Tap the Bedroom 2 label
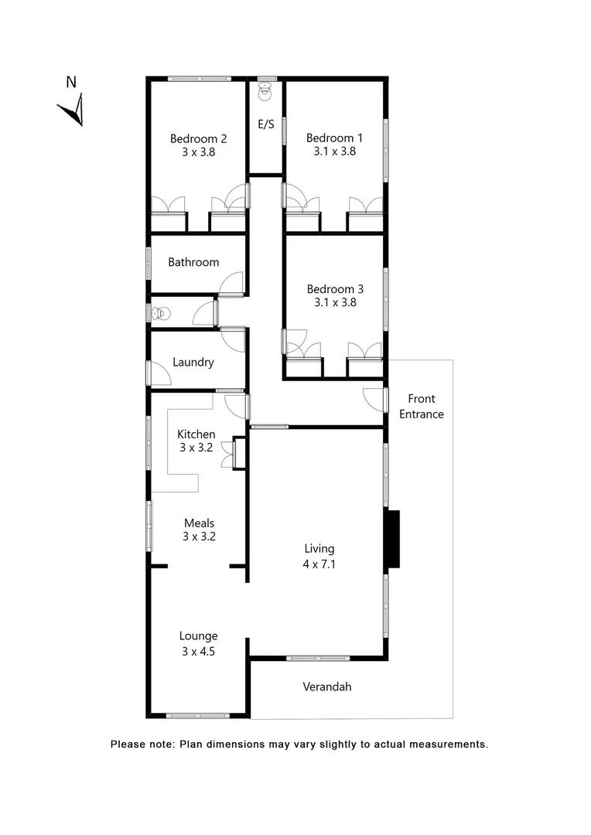(x=198, y=139)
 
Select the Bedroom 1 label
(x=334, y=138)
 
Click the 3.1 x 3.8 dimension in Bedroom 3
(x=334, y=303)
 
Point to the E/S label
(x=265, y=124)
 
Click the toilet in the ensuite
(x=265, y=90)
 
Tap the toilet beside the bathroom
(x=161, y=313)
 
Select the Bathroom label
(x=193, y=262)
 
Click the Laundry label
(x=193, y=362)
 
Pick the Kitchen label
(x=196, y=435)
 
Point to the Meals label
(x=199, y=523)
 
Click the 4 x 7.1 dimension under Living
(x=319, y=564)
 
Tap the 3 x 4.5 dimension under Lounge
(x=198, y=652)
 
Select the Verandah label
(x=326, y=687)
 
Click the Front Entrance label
(x=422, y=407)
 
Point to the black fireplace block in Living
(x=392, y=539)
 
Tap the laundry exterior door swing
(x=160, y=374)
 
